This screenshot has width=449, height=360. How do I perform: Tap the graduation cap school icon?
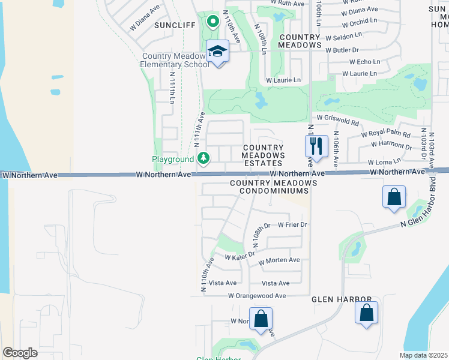pyautogui.click(x=217, y=52)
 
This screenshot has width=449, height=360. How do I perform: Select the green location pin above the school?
pyautogui.click(x=212, y=22)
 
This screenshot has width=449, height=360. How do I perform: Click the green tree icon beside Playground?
pyautogui.click(x=204, y=158)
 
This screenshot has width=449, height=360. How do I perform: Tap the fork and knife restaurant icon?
pyautogui.click(x=316, y=146)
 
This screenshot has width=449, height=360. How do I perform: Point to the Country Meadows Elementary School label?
pyautogui.click(x=175, y=61)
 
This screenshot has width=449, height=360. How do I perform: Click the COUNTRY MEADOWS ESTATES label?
pyautogui.click(x=262, y=155)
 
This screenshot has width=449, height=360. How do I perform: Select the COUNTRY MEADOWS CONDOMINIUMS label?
pyautogui.click(x=273, y=187)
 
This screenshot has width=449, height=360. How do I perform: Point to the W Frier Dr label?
pyautogui.click(x=292, y=225)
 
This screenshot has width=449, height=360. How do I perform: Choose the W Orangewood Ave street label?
pyautogui.click(x=257, y=296)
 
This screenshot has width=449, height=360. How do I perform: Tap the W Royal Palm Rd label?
pyautogui.click(x=386, y=135)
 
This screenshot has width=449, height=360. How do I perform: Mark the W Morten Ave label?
pyautogui.click(x=279, y=261)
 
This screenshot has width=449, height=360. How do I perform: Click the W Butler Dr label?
pyautogui.click(x=342, y=50)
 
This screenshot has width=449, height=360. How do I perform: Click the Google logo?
pyautogui.click(x=20, y=353)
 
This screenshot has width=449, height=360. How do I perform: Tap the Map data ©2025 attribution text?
pyautogui.click(x=423, y=355)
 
